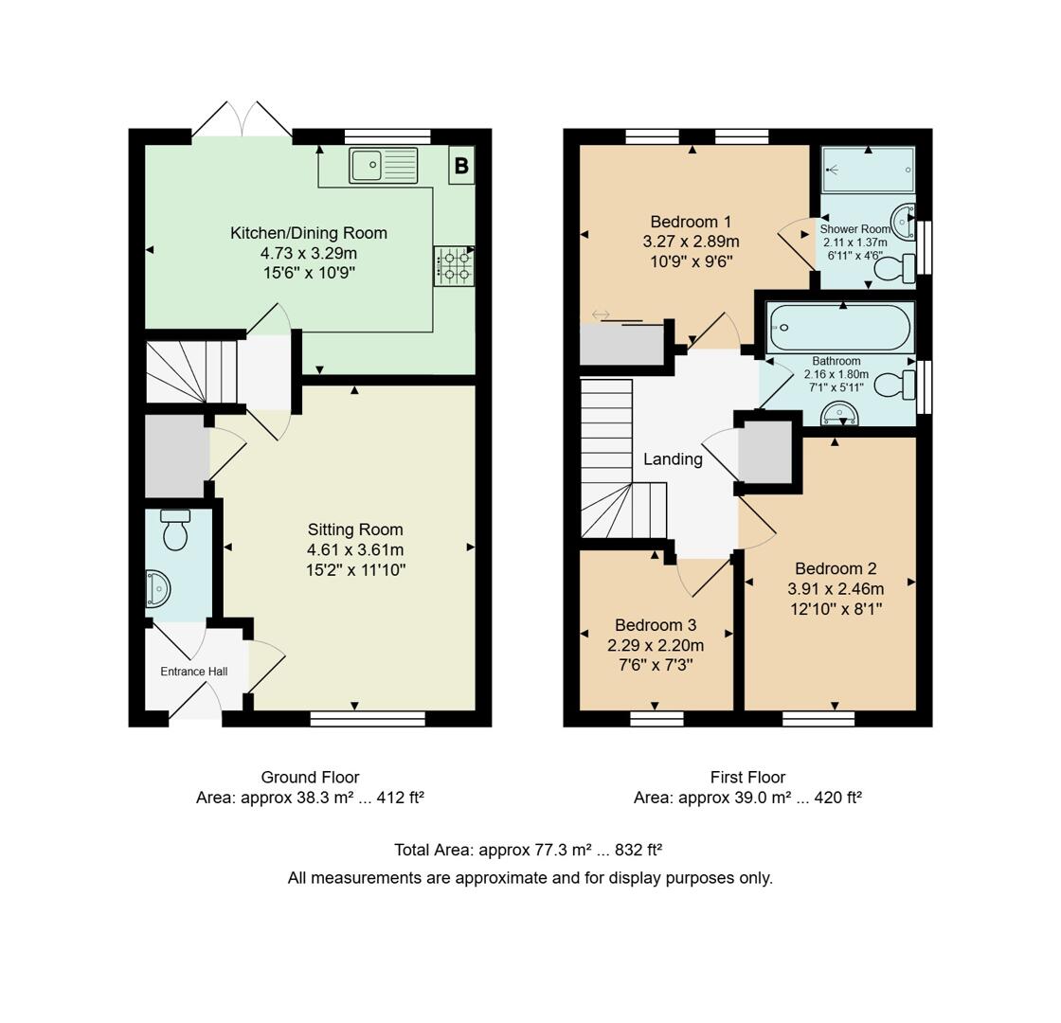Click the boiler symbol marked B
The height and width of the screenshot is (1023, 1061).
coord(461,166)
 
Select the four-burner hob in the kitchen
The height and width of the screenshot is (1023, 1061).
coord(454,265)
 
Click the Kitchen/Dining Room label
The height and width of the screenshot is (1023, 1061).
coord(309,233)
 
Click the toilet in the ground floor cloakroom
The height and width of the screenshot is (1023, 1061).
coord(175,530)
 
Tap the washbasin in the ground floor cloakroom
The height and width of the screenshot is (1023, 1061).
coord(157,589)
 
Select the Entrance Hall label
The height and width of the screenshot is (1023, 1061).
coord(194,672)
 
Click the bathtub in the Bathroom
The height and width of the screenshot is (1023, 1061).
coord(839,328)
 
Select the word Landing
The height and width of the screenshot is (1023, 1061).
coord(673,459)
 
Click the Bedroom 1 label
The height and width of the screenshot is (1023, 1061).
coord(691,222)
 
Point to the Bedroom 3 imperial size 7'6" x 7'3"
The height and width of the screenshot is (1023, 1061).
coord(656,665)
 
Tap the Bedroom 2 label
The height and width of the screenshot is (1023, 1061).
coord(835,568)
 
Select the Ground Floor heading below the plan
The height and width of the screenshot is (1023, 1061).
coord(310,777)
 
